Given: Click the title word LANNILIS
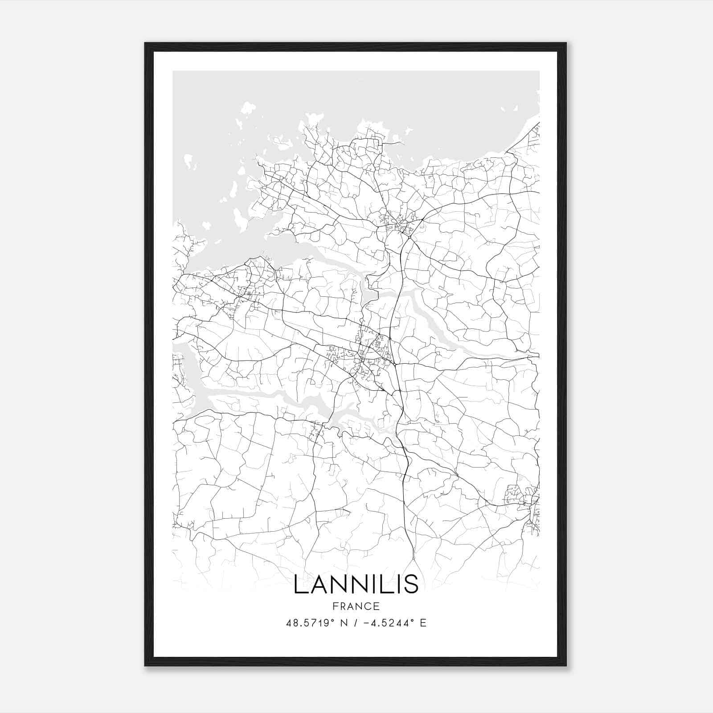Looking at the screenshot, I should pyautogui.click(x=356, y=584).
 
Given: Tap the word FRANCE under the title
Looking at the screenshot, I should pyautogui.click(x=356, y=606).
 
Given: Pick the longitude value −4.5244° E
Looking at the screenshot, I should pyautogui.click(x=395, y=623).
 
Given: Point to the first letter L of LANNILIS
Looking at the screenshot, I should pyautogui.click(x=299, y=584).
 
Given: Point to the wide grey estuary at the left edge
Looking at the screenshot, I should pyautogui.click(x=187, y=379).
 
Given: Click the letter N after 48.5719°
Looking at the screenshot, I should pyautogui.click(x=344, y=623).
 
